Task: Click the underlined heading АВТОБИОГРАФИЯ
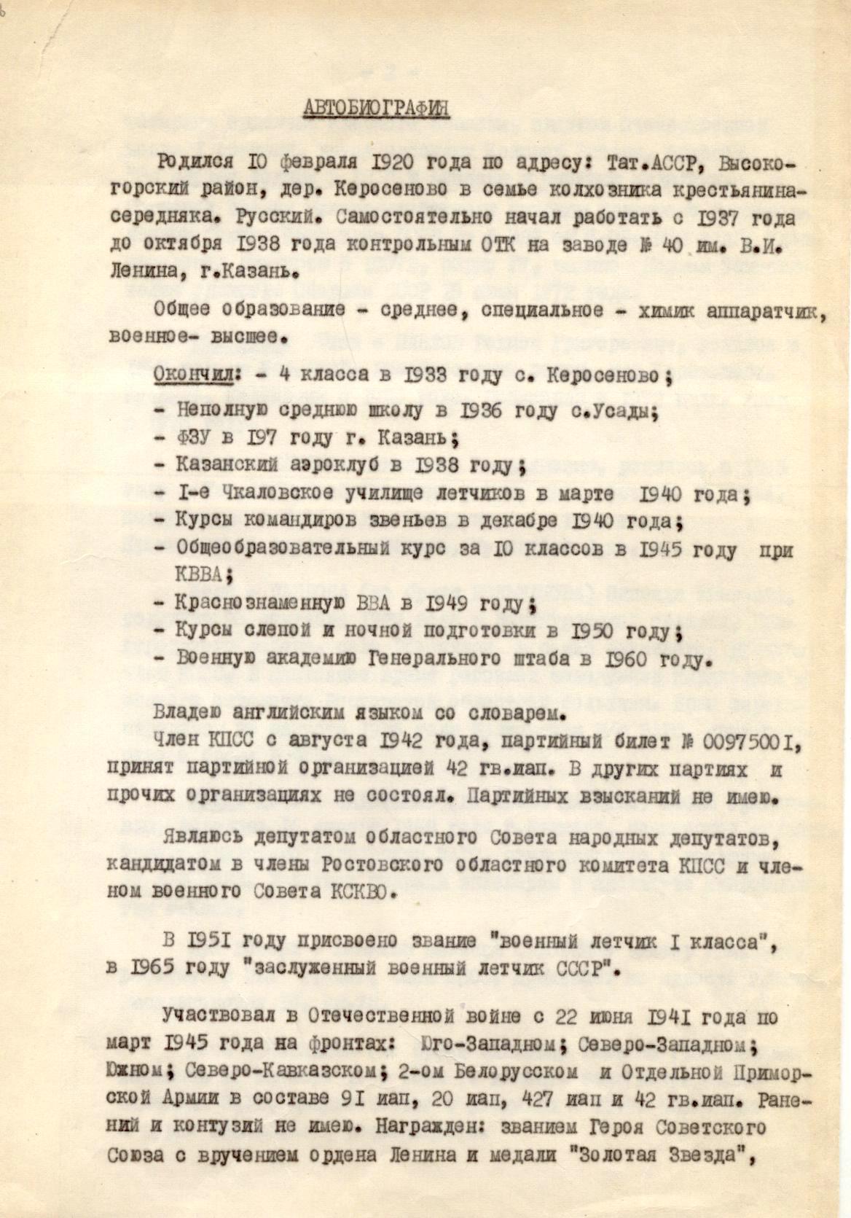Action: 376,107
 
